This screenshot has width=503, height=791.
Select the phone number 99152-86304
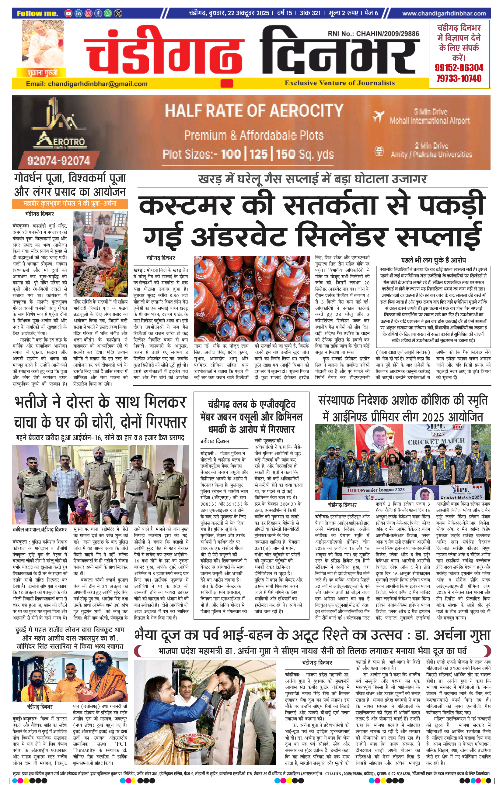click(459, 68)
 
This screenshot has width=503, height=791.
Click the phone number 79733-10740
click(459, 78)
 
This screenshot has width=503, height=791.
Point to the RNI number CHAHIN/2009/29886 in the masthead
click(373, 33)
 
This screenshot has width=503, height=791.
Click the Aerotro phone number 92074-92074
click(59, 161)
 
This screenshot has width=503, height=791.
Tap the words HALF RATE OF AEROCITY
click(254, 110)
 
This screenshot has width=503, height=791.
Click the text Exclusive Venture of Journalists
click(340, 83)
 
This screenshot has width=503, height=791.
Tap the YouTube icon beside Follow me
click(68, 13)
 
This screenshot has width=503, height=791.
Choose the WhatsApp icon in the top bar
click(108, 13)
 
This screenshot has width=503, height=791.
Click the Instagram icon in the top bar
click(88, 13)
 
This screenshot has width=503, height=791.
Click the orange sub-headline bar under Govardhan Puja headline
click(70, 204)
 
